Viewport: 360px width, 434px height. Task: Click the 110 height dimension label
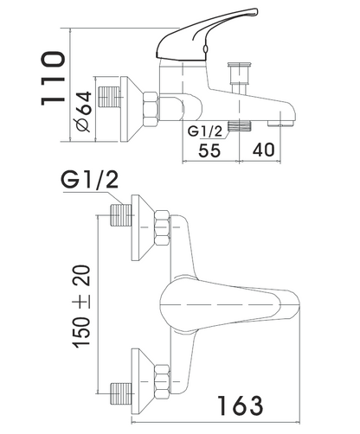53,79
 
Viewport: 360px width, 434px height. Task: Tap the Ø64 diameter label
84,112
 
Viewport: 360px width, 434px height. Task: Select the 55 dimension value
209,150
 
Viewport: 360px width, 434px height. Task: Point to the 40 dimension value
264,150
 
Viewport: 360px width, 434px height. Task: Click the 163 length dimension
240,405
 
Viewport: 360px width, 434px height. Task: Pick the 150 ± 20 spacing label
81,306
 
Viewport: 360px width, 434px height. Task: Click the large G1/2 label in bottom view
89,181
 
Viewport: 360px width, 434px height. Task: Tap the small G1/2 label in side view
205,131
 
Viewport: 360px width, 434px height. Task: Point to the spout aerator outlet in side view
280,124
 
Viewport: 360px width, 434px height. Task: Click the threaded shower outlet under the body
240,126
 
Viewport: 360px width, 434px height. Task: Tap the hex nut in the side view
151,110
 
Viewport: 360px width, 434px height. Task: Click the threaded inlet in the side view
109,97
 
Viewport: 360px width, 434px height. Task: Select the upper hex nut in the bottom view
162,228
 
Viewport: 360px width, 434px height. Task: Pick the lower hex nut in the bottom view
162,381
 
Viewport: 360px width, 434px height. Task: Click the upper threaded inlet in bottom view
121,215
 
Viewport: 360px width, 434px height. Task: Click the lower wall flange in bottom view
143,382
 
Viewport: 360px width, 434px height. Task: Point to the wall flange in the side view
132,109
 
